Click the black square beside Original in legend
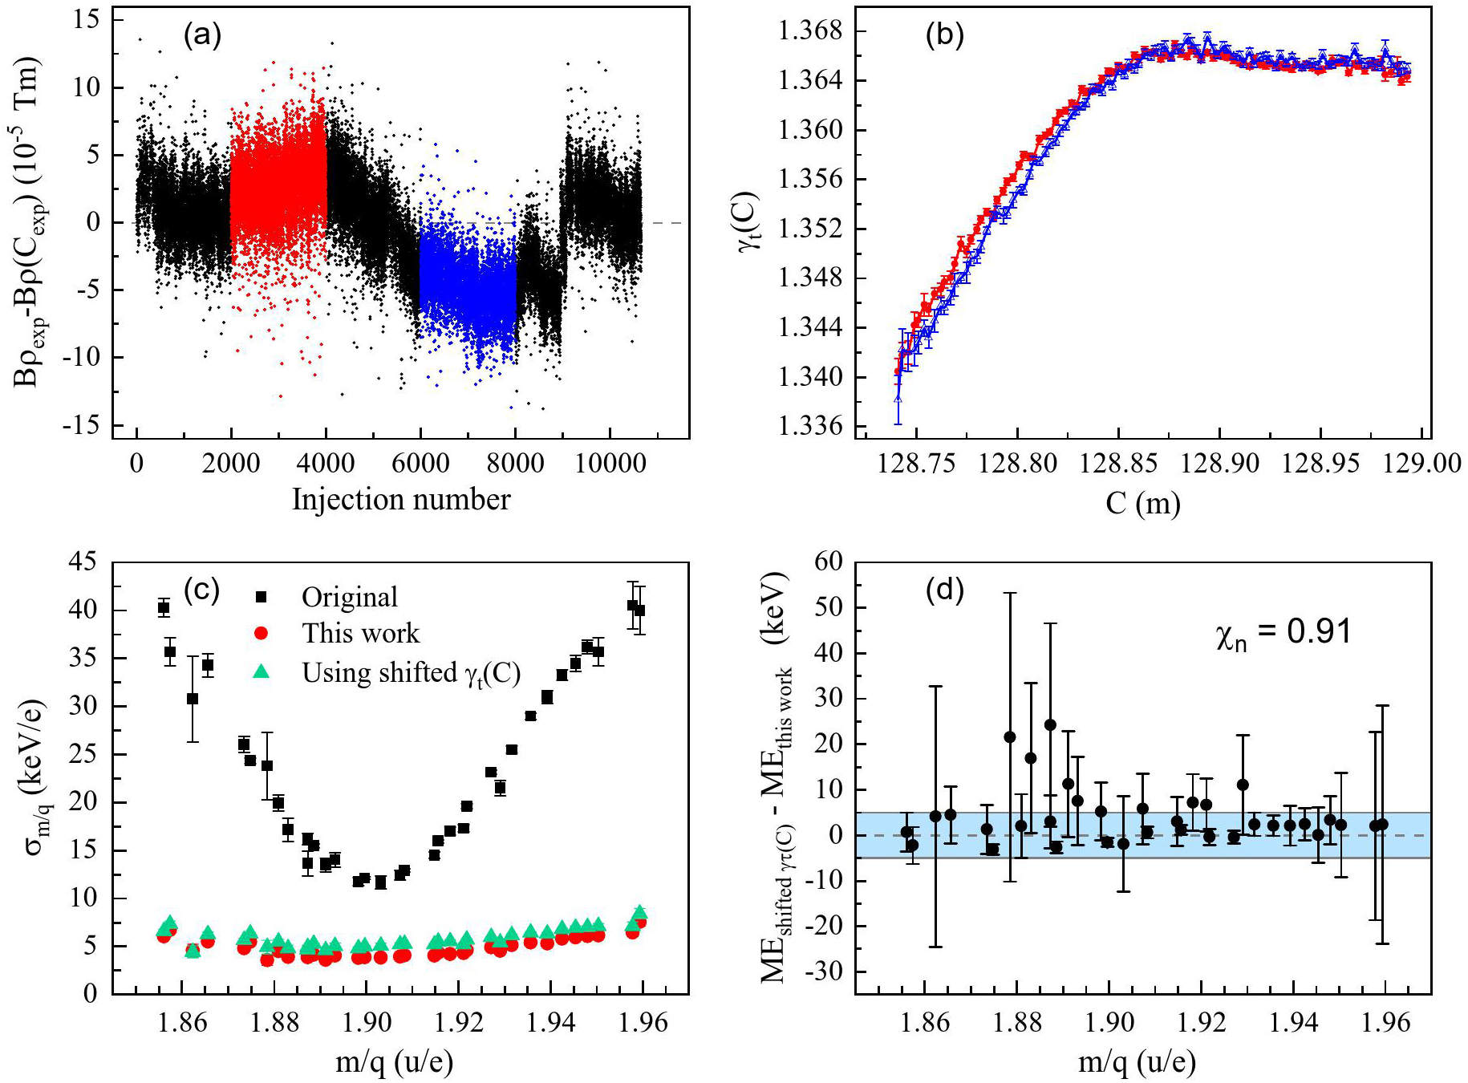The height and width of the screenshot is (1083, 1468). point(261,597)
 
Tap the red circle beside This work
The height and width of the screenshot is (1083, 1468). point(261,633)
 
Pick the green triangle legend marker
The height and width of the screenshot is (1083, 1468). point(261,671)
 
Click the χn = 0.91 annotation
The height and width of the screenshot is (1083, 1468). point(1283,634)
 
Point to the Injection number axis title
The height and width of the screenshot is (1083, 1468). point(401,499)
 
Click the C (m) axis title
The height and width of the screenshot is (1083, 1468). point(1143,503)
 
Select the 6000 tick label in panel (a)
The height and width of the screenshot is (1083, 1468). point(420,464)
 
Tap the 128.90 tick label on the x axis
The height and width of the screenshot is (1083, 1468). point(1219,464)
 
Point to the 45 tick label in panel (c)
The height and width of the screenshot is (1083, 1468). point(83,562)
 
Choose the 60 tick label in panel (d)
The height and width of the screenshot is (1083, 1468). point(828,562)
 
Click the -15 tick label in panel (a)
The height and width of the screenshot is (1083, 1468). point(81,424)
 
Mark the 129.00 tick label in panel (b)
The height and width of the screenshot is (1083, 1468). point(1421,464)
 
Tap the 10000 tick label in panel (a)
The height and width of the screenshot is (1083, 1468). point(610,464)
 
